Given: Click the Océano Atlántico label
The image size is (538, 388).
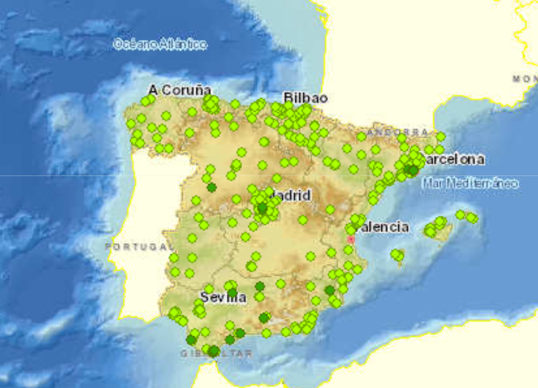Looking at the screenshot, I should pos(161,44).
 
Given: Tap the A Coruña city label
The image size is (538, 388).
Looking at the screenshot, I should pos(180,89).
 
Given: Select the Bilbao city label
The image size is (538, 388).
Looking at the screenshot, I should pos(305,97).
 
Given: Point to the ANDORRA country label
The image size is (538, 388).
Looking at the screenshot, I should pos(386,133).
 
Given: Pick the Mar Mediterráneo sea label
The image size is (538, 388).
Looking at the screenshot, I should pos(469,184).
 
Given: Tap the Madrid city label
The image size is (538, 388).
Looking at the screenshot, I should pos(290,195).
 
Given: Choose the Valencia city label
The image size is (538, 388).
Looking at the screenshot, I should pos(383,227).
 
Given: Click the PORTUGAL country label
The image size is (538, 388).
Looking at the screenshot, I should pos(134,247).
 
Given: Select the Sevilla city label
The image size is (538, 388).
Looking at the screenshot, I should pos(223,296).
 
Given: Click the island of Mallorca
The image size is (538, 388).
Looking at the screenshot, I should pos(436,229).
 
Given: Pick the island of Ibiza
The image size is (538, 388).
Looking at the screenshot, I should pos(397,255).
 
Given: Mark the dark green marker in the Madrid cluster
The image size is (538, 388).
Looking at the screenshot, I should pos(263,207).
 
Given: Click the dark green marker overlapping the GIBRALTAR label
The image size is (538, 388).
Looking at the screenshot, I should pos(213,351).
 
